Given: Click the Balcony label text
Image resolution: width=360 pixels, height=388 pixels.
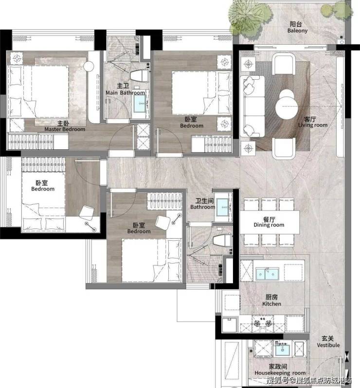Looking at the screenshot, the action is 297,27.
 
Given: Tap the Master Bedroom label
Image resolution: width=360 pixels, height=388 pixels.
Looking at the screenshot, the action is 65,126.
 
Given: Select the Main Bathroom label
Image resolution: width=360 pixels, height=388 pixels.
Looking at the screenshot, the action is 125,89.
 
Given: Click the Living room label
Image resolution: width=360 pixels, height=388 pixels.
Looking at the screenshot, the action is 312,122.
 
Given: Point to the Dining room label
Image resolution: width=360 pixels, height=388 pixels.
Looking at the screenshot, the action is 269,222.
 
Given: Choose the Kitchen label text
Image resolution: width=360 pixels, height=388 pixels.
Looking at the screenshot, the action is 271,300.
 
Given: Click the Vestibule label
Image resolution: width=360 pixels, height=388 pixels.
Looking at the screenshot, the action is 328,342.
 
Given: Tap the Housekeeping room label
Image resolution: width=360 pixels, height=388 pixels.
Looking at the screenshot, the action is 280,370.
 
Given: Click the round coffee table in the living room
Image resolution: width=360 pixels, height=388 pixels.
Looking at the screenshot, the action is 287,106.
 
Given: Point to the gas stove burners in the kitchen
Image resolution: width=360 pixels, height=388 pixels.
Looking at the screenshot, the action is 262,323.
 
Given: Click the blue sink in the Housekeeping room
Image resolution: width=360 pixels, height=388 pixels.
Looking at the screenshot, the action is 283,349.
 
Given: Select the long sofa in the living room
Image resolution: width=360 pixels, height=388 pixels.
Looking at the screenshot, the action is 252,106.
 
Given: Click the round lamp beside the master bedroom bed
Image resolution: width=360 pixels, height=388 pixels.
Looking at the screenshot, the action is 89,66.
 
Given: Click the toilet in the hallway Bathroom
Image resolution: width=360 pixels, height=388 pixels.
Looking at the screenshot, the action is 222,241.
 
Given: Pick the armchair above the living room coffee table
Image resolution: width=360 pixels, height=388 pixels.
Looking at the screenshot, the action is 284,64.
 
